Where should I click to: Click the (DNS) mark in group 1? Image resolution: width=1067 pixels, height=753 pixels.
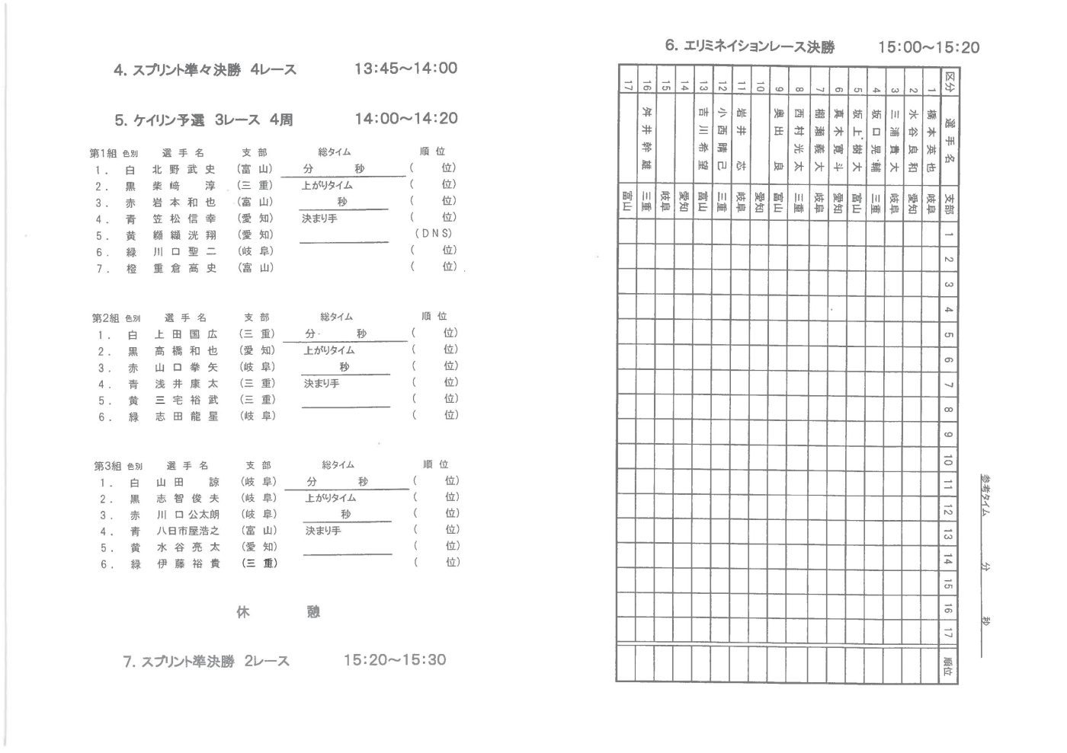point(433,234)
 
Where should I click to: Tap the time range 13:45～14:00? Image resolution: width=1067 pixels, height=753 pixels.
point(405,69)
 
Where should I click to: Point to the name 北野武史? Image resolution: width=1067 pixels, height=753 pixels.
point(184,170)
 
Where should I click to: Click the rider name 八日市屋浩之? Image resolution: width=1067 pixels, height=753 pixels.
point(187,531)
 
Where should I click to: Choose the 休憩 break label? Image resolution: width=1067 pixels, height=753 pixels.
point(278,612)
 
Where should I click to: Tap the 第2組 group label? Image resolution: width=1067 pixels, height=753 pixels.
point(107,317)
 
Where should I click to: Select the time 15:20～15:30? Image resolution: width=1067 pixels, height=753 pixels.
point(395,660)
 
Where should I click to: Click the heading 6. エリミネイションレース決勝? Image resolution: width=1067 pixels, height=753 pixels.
point(749,46)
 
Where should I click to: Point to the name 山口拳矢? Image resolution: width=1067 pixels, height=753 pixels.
point(186,368)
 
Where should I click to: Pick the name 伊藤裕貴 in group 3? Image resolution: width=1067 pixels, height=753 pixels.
point(187,564)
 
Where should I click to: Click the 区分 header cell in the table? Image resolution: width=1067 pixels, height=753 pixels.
point(949,80)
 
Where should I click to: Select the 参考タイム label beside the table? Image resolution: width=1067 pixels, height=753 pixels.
point(985,496)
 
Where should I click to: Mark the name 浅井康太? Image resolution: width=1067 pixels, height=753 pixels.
point(186,384)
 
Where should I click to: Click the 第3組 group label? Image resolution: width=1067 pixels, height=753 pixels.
point(108,465)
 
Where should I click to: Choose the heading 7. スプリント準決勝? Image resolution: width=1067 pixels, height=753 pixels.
point(178,662)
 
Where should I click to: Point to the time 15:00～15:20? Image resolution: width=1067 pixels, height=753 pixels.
point(928,47)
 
